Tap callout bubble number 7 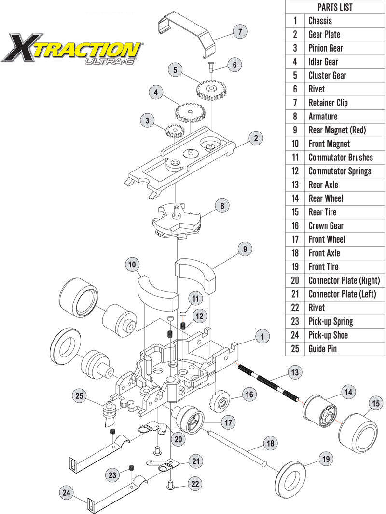click(239, 32)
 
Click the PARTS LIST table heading click(335, 7)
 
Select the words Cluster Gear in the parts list click(327, 75)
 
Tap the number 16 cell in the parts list click(294, 225)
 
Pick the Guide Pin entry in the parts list click(322, 348)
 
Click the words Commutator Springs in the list click(340, 171)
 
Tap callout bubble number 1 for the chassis click(262, 336)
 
